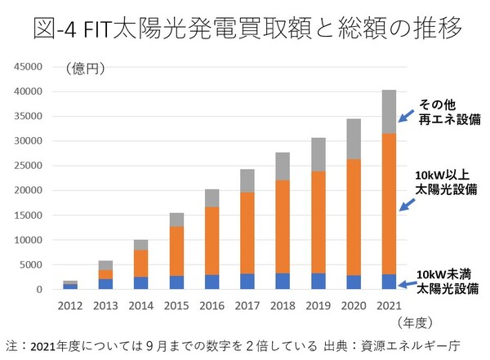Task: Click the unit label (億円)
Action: tap(82, 69)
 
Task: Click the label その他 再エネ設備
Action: tap(448, 113)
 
